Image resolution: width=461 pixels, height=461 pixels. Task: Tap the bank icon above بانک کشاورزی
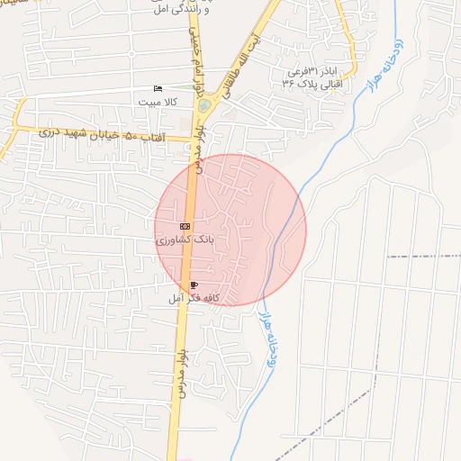coord(185,226)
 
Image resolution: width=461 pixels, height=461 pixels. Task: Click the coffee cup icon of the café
coord(193,285)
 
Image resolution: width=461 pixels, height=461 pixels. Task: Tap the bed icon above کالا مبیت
coord(158,89)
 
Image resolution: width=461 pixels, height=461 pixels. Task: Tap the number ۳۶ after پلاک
coord(289,83)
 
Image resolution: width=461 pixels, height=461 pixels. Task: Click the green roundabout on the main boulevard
coord(203,105)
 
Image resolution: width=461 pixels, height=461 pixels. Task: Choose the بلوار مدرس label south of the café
coord(181,373)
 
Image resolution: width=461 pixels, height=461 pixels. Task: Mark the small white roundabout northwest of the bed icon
coord(131,53)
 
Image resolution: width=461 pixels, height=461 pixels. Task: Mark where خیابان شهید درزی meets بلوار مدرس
coord(193,139)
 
